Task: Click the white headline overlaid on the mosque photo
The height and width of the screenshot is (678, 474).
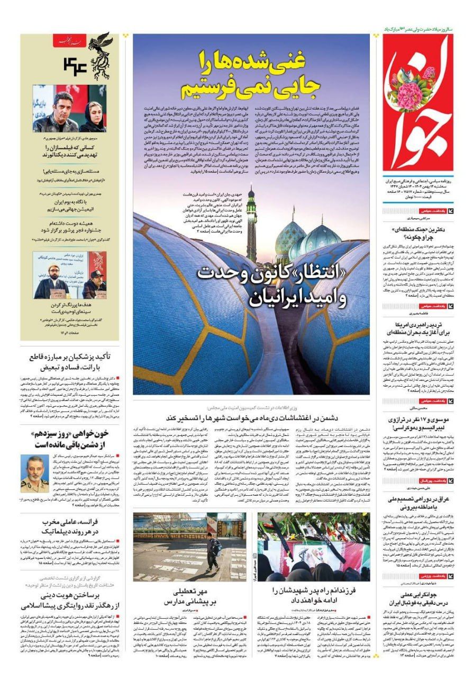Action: pyautogui.click(x=272, y=285)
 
